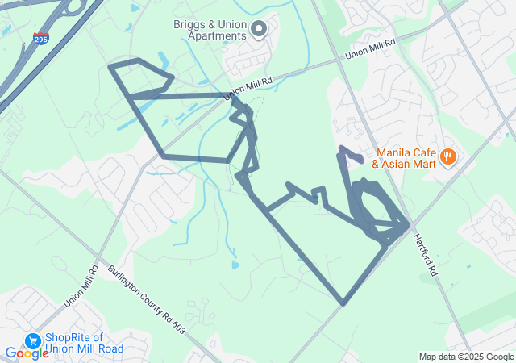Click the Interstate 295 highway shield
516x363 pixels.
pyautogui.click(x=40, y=38)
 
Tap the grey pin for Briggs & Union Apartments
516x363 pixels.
pyautogui.click(x=259, y=31)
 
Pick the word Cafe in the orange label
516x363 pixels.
pyautogui.click(x=427, y=152)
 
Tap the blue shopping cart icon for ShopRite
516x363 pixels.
pyautogui.click(x=33, y=342)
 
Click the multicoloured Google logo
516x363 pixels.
pyautogui.click(x=27, y=353)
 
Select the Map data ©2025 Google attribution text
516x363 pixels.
pyautogui.click(x=465, y=357)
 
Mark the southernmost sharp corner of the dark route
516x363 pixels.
pyautogui.click(x=343, y=304)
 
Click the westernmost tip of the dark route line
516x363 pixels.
pyautogui.click(x=110, y=65)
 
